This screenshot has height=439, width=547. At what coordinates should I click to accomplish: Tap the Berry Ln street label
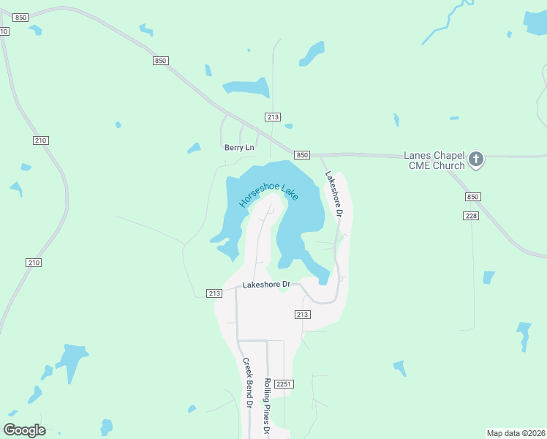coord(239,148)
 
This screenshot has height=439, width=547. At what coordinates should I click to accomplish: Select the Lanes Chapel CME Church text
coord(434,160)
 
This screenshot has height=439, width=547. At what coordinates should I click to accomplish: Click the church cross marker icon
coord(476,159)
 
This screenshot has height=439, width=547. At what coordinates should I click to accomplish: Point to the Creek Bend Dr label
coord(247,383)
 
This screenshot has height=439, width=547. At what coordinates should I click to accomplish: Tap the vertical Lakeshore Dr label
coord(333,195)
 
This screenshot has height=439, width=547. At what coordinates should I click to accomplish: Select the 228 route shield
coord(471,215)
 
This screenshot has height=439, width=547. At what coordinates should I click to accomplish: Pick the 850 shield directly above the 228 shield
coord(472,197)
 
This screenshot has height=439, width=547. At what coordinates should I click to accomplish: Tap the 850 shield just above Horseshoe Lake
coord(303,155)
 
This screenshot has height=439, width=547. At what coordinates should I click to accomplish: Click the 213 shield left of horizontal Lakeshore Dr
coord(214,293)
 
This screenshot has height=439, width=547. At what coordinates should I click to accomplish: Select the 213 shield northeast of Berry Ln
coord(273,117)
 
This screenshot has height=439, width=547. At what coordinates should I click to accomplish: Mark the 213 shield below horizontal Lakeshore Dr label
coord(303,314)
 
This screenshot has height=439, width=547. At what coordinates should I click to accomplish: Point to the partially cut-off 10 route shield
coord(4,31)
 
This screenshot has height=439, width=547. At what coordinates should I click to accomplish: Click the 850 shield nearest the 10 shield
coord(20,17)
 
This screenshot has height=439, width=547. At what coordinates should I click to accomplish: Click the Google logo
coord(25,429)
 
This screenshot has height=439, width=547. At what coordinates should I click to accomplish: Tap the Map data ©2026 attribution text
coord(516,433)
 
